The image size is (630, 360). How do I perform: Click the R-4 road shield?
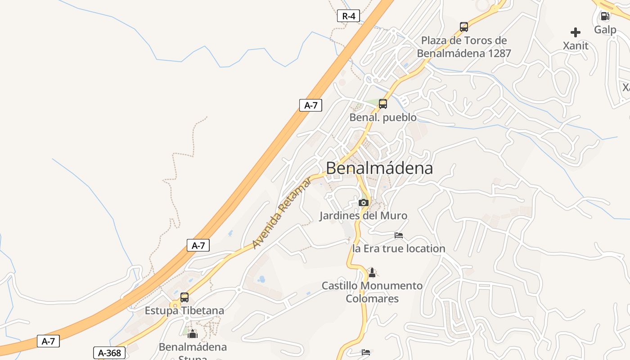pyautogui.click(x=348, y=16)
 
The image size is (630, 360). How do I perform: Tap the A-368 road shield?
pyautogui.click(x=109, y=353)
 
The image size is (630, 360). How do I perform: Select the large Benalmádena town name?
pyautogui.click(x=379, y=168)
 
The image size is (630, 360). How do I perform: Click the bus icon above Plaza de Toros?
pyautogui.click(x=464, y=27)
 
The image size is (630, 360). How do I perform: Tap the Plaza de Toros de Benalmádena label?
pyautogui.click(x=464, y=47)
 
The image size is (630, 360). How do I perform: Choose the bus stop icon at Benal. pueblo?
pyautogui.click(x=383, y=104)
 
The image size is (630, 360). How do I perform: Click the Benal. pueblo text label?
pyautogui.click(x=383, y=117)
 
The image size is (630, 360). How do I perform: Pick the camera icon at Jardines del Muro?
pyautogui.click(x=364, y=202)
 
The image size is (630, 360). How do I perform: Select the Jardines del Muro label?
pyautogui.click(x=363, y=216)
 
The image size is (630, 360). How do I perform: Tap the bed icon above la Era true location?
pyautogui.click(x=399, y=235)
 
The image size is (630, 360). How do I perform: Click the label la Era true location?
pyautogui.click(x=399, y=248)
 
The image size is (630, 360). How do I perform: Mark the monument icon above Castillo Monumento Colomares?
pyautogui.click(x=372, y=272)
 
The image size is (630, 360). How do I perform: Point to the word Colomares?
pyautogui.click(x=372, y=299)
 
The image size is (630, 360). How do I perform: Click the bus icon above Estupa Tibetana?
pyautogui.click(x=184, y=297)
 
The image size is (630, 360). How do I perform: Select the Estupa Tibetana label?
pyautogui.click(x=184, y=310)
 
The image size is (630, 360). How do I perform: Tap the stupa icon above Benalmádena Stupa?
pyautogui.click(x=193, y=334)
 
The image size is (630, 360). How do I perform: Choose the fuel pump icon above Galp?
pyautogui.click(x=605, y=17)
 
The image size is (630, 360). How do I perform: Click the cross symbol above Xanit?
pyautogui.click(x=576, y=32)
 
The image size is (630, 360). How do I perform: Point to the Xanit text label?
pyautogui.click(x=576, y=45)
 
